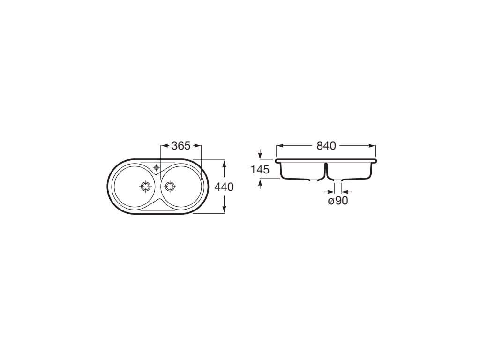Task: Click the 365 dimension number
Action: tap(181, 146)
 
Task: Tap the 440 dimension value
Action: tap(224, 187)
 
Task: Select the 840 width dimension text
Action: tap(326, 146)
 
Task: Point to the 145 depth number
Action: tap(260, 169)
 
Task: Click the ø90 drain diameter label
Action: tap(338, 201)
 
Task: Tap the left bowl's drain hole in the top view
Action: tap(145, 186)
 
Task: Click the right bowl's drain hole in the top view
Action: tap(169, 186)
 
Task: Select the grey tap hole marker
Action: tap(157, 167)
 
